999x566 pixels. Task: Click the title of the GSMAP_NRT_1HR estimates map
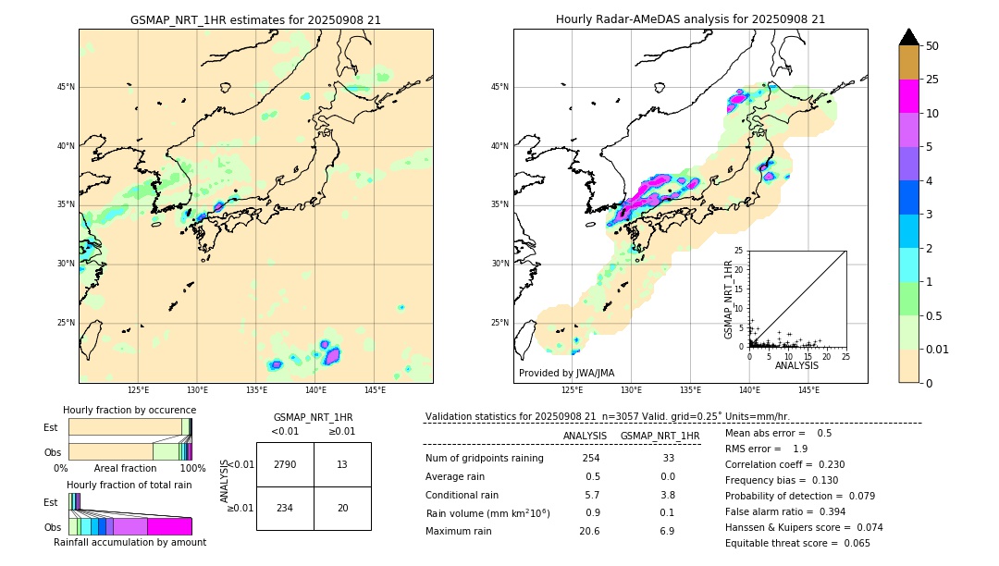click(255, 19)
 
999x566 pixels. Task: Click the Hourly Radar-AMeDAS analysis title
click(690, 19)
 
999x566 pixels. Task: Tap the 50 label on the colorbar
click(932, 46)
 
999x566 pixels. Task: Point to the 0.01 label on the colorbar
click(938, 349)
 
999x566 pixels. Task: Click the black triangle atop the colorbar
click(909, 37)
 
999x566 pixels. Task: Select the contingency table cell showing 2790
click(285, 464)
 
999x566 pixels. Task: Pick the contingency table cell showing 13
click(342, 464)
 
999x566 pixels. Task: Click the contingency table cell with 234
click(285, 509)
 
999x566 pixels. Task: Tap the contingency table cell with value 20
click(342, 509)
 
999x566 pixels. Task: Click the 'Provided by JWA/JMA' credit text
click(566, 374)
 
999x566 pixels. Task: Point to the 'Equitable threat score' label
click(783, 544)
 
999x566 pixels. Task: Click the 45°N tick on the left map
click(65, 87)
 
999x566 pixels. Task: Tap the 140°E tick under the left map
click(315, 391)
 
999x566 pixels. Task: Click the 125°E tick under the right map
click(573, 391)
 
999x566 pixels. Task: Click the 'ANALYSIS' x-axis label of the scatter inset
click(796, 366)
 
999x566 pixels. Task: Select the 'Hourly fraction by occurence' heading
click(129, 410)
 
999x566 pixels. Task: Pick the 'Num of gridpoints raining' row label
click(484, 459)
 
